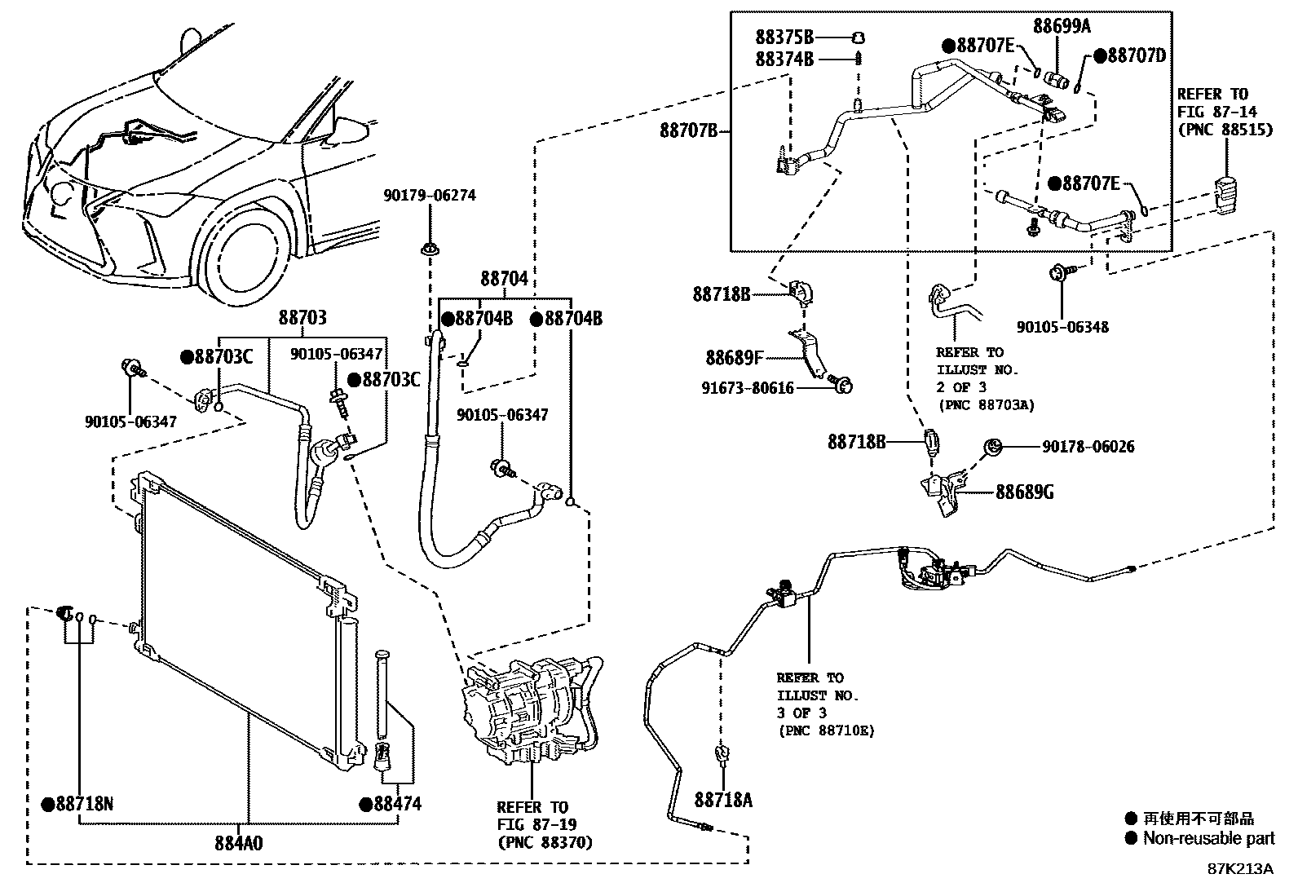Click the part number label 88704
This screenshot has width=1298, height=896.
click(504, 280)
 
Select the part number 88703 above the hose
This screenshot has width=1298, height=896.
click(302, 318)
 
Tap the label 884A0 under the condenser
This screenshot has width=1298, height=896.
click(239, 843)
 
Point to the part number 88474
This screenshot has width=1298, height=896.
click(398, 804)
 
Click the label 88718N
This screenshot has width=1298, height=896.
click(85, 804)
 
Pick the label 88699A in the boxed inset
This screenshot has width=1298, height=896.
click(1062, 26)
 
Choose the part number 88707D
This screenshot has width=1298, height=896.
click(1137, 55)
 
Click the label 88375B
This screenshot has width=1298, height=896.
click(784, 38)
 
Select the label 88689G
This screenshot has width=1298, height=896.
click(1025, 492)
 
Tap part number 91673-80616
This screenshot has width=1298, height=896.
click(748, 388)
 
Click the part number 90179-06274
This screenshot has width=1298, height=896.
click(430, 196)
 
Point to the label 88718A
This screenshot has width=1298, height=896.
click(723, 801)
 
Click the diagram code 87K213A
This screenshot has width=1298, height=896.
click(1240, 869)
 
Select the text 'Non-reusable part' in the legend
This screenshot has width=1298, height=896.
click(1209, 838)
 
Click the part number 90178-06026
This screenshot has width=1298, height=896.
click(1088, 447)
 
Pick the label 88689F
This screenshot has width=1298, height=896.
click(734, 358)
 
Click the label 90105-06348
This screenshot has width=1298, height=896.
click(1062, 327)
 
